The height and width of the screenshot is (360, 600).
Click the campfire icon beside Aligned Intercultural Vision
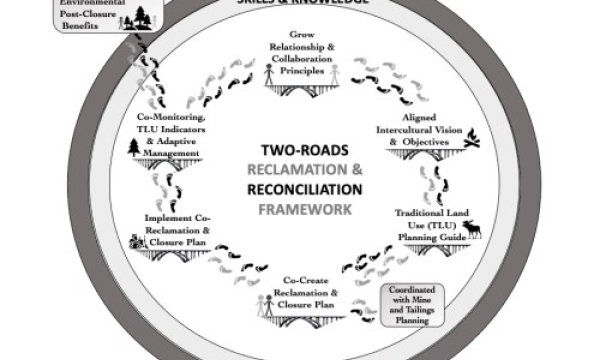click(x=472, y=139)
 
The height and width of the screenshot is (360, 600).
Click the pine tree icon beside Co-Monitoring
click(x=135, y=147)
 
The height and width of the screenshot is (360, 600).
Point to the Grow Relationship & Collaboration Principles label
click(x=304, y=53)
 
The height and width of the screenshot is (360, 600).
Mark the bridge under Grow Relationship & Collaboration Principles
click(x=304, y=86)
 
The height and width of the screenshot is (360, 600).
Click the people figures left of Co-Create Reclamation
click(x=265, y=308)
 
